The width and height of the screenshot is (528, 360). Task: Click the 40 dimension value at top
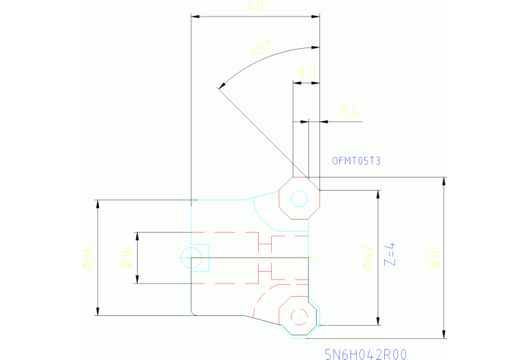255,7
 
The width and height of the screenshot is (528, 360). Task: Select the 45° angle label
260,48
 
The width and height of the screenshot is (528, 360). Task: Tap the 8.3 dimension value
307,72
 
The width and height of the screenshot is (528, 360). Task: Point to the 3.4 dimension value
349,112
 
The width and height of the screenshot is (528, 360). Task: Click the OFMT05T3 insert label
356,161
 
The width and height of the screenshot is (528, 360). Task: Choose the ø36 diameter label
87,257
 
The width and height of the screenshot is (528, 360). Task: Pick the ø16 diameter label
127,258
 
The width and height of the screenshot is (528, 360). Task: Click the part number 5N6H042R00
366,354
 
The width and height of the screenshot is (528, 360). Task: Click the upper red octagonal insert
299,199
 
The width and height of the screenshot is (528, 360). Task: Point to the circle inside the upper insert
299,199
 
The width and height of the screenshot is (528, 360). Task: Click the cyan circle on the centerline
191,258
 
